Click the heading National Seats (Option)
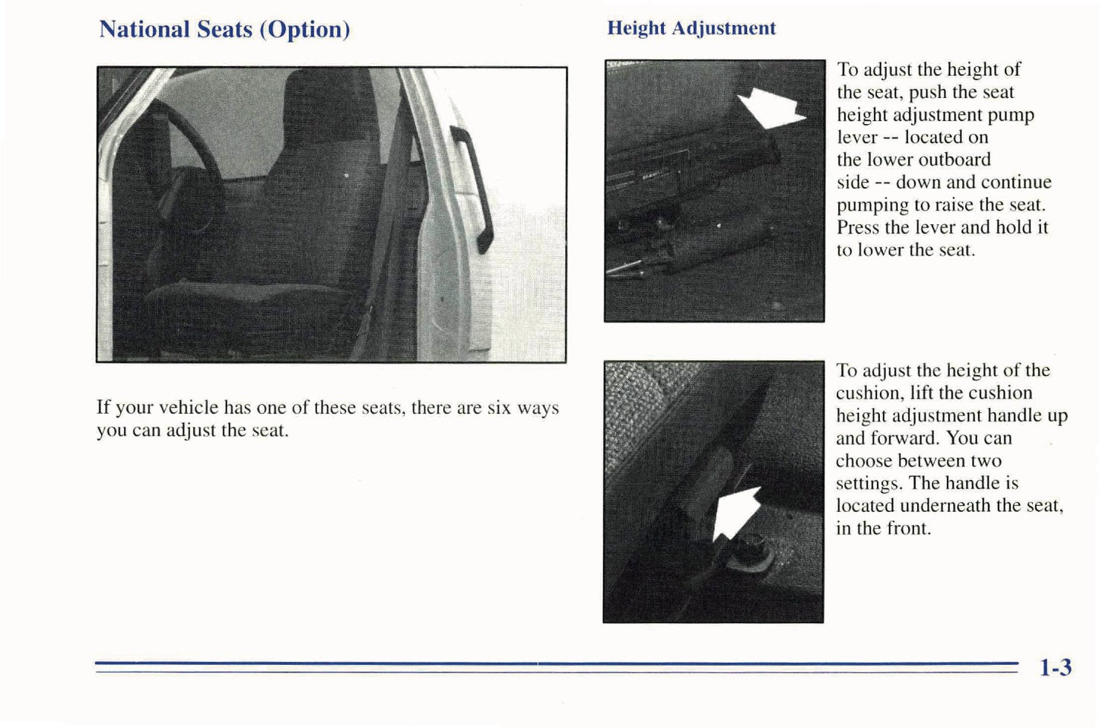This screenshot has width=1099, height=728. [x=224, y=30]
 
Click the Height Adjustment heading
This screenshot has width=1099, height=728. [x=691, y=28]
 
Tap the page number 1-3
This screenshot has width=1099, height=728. [x=1055, y=667]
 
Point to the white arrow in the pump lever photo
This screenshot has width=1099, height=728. [x=770, y=108]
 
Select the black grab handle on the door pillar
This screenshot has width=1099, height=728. [x=472, y=189]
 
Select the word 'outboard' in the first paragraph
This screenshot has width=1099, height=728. [x=954, y=160]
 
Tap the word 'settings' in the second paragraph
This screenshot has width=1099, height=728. [x=869, y=484]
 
